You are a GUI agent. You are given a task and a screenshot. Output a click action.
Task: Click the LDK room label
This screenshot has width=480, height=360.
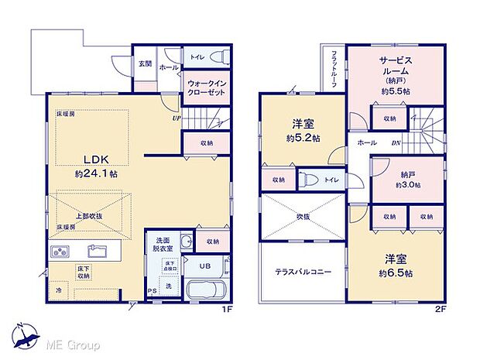(x=91, y=160)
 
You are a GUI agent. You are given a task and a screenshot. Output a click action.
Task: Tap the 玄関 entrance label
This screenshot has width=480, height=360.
(x=145, y=63)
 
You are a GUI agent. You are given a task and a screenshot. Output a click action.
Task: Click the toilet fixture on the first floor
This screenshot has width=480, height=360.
(x=216, y=57)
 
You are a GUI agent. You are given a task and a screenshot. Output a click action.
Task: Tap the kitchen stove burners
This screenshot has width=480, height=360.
(x=60, y=252)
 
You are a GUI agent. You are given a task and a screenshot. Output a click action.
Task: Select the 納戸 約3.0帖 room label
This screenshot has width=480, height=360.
(x=407, y=179)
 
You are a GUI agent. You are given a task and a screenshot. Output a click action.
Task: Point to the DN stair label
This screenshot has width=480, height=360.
(x=396, y=143)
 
